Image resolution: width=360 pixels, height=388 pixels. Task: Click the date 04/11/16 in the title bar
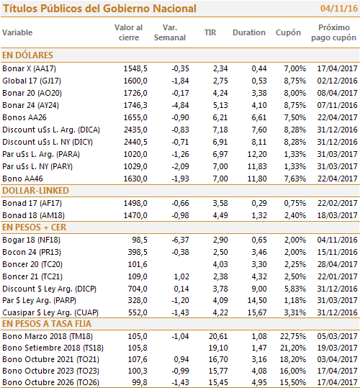pos(338,9)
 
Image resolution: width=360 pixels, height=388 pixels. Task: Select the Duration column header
pos(249,32)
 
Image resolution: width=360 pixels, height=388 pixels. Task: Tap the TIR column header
pos(210,32)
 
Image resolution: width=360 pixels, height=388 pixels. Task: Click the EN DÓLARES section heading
pos(27,55)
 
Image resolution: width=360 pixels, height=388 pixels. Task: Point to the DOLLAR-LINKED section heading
pos(35,191)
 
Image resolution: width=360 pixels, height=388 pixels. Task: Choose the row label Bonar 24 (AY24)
pos(31,105)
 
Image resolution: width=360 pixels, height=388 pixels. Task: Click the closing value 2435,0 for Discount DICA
pos(135,130)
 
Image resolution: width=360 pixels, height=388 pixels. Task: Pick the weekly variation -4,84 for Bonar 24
pos(181,105)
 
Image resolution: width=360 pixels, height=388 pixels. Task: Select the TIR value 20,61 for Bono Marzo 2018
pos(218,336)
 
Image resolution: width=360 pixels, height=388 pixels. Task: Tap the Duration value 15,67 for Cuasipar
pos(257,312)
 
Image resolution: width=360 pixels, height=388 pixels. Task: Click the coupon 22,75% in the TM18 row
pos(293,336)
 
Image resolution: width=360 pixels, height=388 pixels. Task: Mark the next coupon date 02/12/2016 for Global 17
pos(337,81)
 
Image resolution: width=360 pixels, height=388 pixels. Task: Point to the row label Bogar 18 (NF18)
pos(31,240)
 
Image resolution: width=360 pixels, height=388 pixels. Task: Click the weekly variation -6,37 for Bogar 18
pos(181,240)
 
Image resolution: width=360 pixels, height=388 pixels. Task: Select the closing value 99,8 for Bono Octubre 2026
pos(140,382)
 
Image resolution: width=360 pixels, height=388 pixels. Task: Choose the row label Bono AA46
pos(22,179)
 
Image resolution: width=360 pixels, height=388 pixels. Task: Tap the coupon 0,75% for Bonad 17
pos(295,203)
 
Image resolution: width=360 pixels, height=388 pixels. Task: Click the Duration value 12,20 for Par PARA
pos(257,154)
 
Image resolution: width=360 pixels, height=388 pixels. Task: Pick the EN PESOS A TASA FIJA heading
pos(47,324)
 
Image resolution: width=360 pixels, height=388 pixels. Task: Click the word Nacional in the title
pos(174,9)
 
